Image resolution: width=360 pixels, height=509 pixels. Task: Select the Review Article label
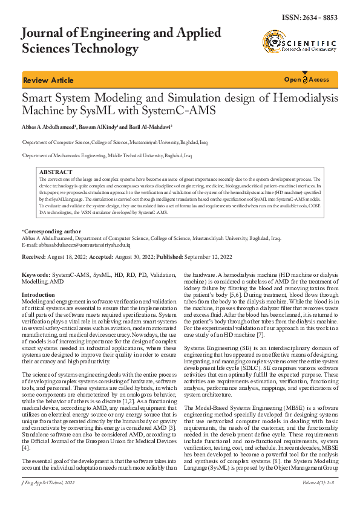48,80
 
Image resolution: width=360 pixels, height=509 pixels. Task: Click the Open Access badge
307,80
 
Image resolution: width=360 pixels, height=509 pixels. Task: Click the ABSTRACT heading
55,173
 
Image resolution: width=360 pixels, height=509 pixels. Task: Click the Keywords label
36,275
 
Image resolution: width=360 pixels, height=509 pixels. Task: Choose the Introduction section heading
38,294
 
